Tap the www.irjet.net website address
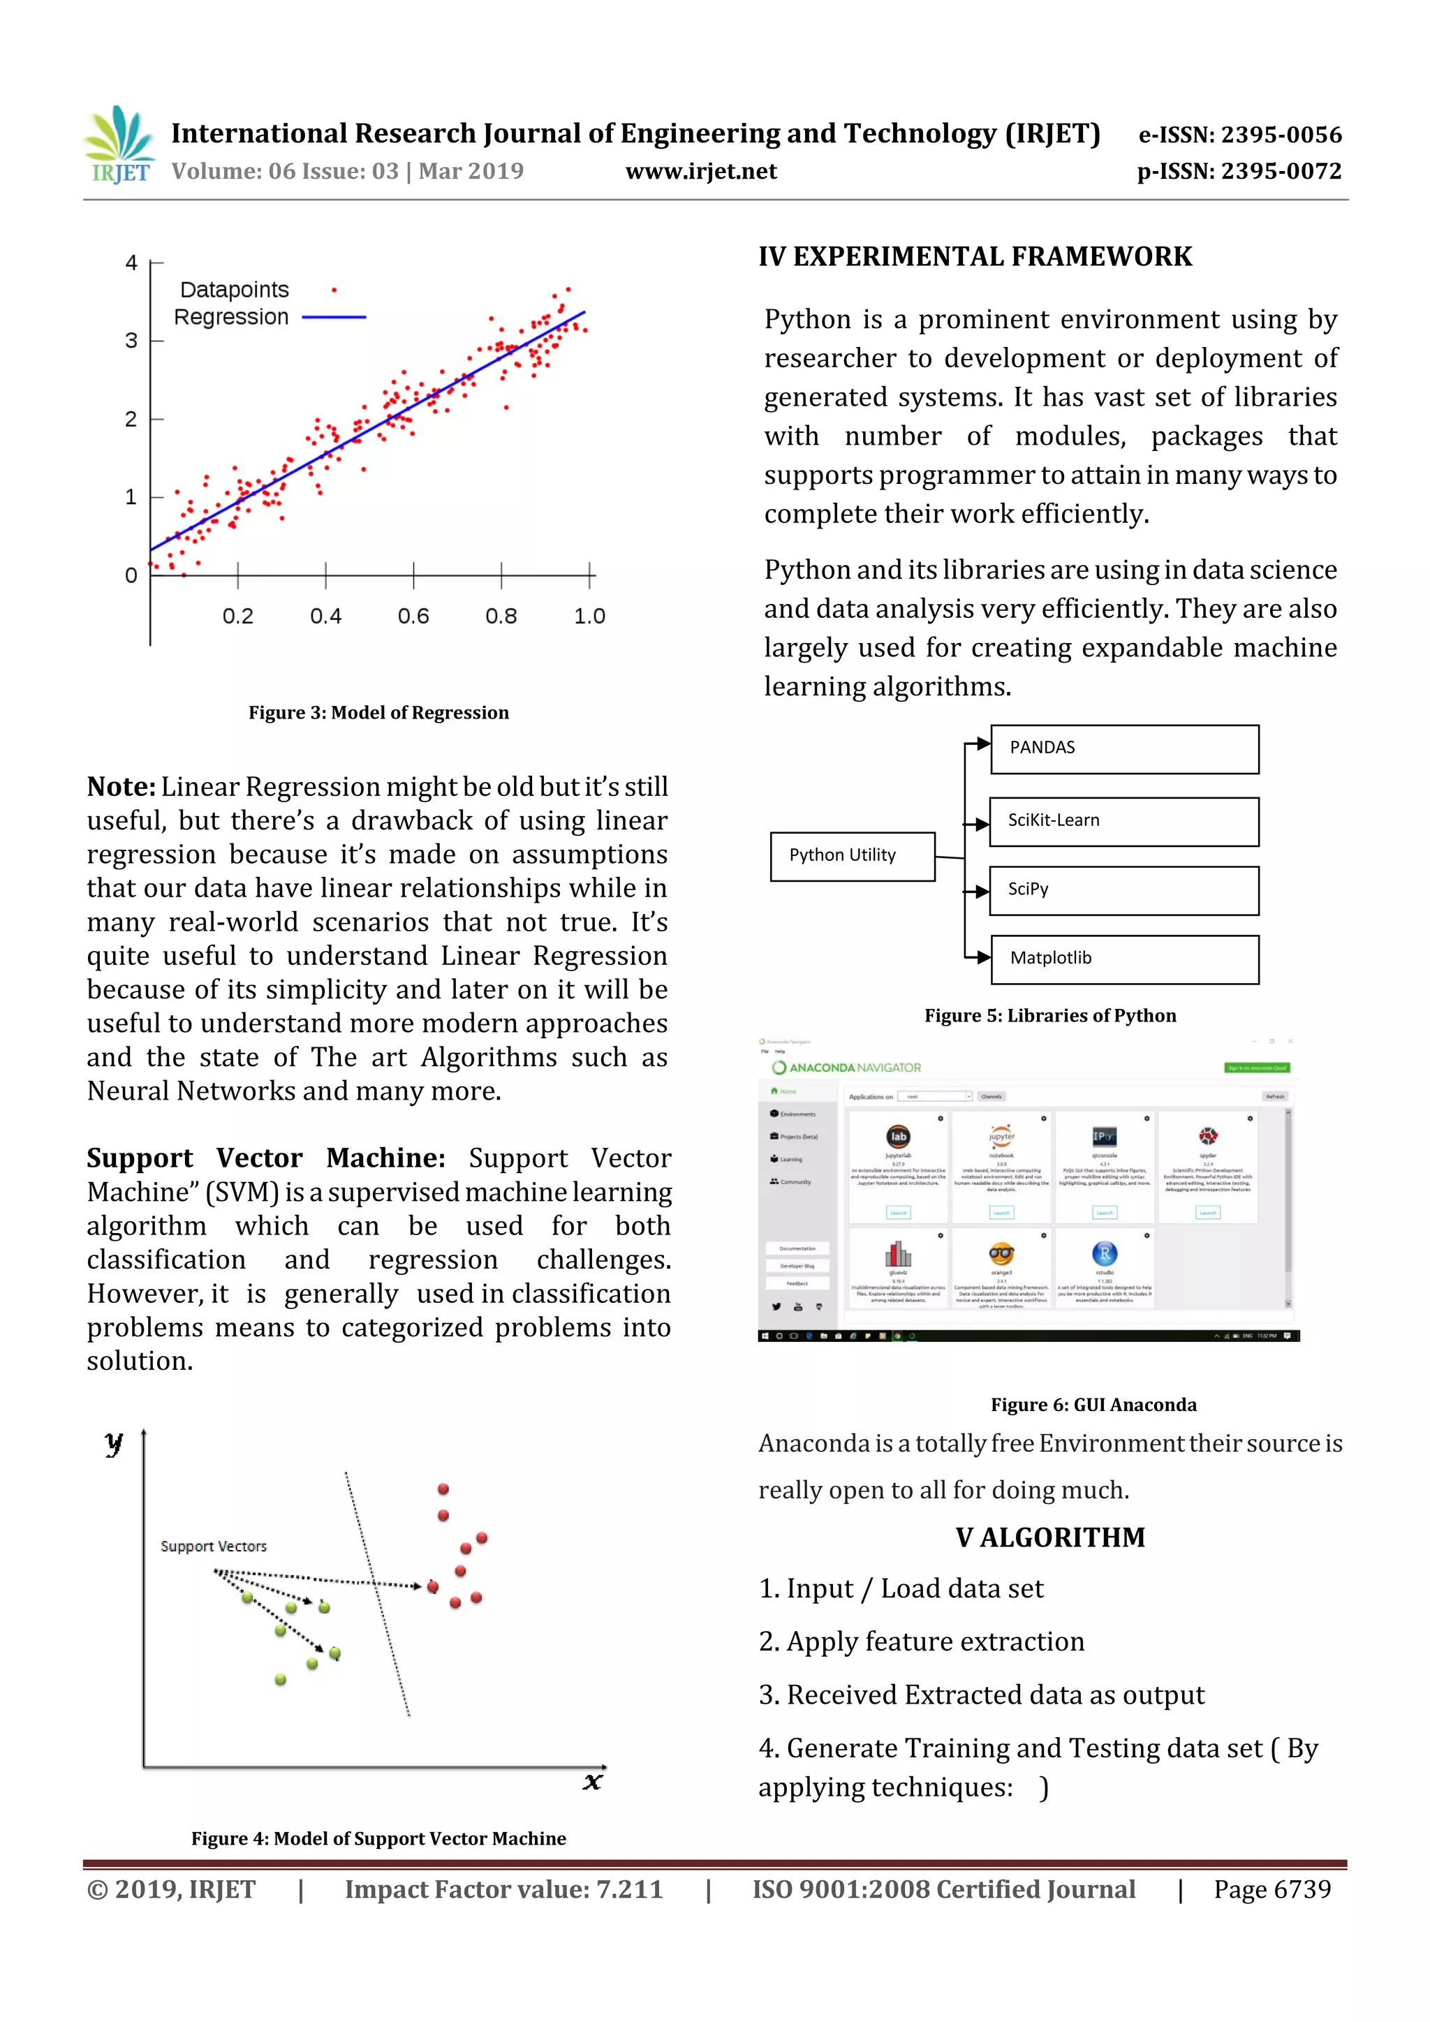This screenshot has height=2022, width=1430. (x=701, y=171)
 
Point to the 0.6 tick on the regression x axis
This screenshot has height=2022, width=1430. (x=413, y=616)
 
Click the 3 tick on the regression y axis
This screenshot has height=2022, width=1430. (x=131, y=341)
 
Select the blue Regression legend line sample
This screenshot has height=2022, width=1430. (x=334, y=317)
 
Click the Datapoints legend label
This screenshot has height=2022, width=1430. (x=234, y=290)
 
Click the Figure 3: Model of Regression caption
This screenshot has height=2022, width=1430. (x=378, y=712)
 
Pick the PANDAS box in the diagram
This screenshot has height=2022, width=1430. (x=1124, y=749)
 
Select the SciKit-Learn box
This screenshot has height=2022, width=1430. (x=1123, y=822)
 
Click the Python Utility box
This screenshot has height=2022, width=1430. (x=853, y=856)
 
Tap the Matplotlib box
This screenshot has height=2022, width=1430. (x=1124, y=959)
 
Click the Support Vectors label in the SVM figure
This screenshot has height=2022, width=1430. (x=213, y=1546)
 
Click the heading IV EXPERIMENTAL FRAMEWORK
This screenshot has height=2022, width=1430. (x=975, y=256)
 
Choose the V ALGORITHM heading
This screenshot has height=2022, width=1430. (x=1050, y=1537)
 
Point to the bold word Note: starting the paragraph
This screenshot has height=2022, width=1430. (x=121, y=786)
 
